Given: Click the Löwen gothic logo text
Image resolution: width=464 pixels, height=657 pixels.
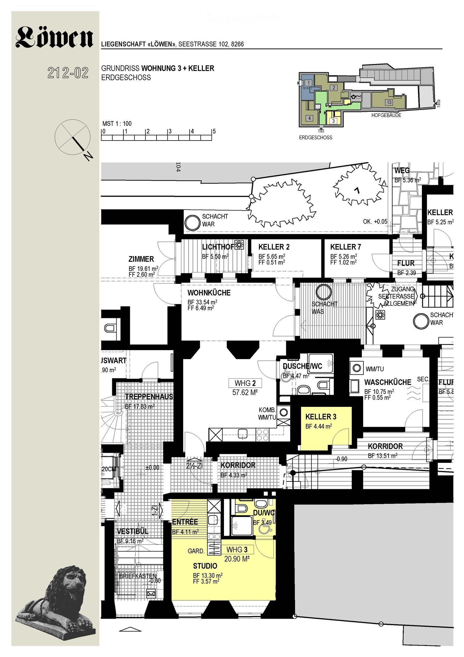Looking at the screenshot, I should [54, 37].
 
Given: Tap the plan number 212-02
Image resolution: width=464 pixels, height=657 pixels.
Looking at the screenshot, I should [68, 73].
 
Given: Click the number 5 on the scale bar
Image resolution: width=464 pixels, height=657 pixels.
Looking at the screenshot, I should [214, 131].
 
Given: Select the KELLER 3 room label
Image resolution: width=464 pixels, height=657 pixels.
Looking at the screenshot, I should [321, 417].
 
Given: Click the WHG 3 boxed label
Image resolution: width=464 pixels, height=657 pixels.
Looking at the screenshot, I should [237, 550].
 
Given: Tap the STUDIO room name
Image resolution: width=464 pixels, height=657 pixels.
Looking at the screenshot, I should [205, 566].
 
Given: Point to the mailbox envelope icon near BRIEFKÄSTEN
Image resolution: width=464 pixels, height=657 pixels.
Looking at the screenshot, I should [151, 594].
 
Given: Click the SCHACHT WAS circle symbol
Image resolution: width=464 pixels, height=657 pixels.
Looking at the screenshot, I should [324, 292].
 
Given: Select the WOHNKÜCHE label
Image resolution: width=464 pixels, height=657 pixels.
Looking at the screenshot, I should [209, 293].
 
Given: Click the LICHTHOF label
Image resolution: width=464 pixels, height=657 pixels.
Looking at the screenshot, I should [218, 247].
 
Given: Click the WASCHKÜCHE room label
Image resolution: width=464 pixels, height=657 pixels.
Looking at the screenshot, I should [388, 382].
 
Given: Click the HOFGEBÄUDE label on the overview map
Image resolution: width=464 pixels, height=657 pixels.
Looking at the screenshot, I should [386, 115].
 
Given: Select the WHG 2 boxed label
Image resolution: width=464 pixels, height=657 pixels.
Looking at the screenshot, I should [245, 383].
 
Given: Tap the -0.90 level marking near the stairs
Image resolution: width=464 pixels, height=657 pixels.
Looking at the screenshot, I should [341, 459].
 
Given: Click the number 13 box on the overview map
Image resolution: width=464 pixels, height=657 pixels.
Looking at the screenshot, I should [389, 102].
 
